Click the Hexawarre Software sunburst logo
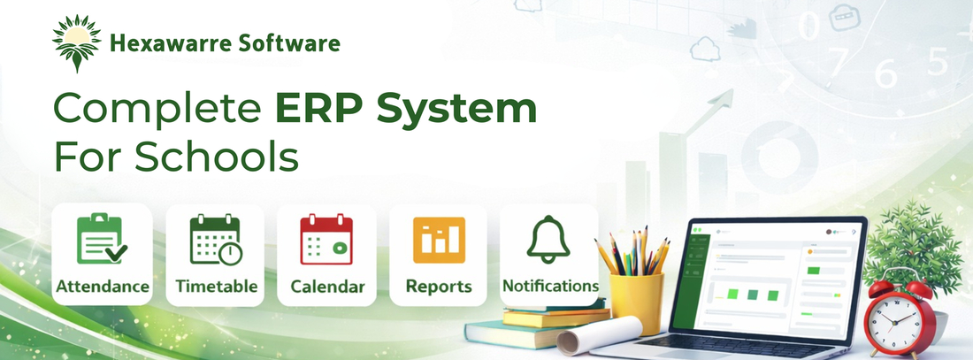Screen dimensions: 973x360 click(x=76, y=42)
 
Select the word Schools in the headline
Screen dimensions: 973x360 click(x=217, y=157)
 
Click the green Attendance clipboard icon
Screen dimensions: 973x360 click(x=102, y=238)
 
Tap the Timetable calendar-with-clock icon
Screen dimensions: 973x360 click(x=216, y=239)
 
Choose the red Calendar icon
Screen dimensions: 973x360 click(x=326, y=239)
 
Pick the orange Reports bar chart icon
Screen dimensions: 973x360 click(x=440, y=240)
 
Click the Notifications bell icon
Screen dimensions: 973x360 click(x=548, y=240)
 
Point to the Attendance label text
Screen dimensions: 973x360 click(x=103, y=286)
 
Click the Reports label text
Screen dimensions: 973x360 click(x=439, y=287)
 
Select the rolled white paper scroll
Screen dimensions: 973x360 click(x=600, y=336)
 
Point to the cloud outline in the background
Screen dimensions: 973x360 click(x=705, y=49)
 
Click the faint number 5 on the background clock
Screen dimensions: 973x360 click(x=938, y=62)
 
